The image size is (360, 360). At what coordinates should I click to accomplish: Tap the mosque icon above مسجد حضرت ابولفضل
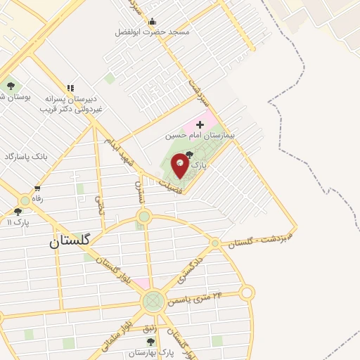152,21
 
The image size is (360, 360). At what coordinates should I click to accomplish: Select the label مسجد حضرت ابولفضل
152,32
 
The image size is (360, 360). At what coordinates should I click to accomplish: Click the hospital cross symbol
200,124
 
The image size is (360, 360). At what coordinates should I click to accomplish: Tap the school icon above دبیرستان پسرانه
70,88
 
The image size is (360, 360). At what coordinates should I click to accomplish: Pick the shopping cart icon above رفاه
37,188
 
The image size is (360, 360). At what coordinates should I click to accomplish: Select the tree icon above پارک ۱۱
18,211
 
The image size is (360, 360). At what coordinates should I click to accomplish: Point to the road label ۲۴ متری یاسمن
200,299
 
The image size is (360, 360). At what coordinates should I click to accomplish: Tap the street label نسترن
139,191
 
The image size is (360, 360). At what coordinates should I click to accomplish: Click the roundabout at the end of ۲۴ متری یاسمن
247,292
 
